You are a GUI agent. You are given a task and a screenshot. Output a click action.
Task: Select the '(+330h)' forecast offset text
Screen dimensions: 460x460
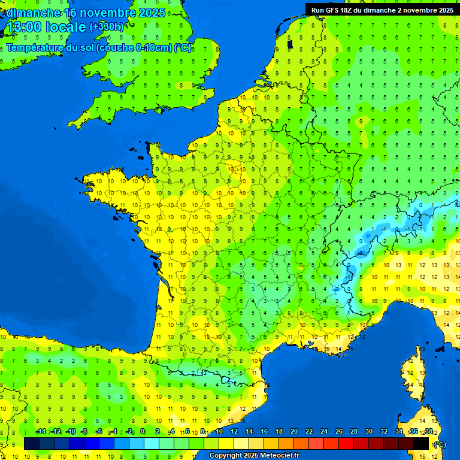pos(107,26)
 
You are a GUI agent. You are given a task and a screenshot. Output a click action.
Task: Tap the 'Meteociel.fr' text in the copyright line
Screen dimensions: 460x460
pos(280,456)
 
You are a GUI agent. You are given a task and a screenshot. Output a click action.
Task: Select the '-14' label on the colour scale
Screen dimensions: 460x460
pos(41,431)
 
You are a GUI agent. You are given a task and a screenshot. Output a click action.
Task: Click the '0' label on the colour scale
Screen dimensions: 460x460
pos(143,431)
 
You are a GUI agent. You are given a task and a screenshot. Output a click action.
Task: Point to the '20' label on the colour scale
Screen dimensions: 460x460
pos(293,431)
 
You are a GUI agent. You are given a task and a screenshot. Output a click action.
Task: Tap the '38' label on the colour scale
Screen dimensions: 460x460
pos(428,431)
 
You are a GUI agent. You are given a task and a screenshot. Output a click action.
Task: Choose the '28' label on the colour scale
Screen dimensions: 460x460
pos(353,431)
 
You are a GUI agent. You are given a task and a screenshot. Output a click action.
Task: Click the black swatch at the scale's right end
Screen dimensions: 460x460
pos(421,443)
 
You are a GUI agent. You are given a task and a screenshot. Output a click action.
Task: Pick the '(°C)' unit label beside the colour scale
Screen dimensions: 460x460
pos(440,444)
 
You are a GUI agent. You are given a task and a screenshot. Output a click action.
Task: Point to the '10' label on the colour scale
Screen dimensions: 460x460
pos(219,431)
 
